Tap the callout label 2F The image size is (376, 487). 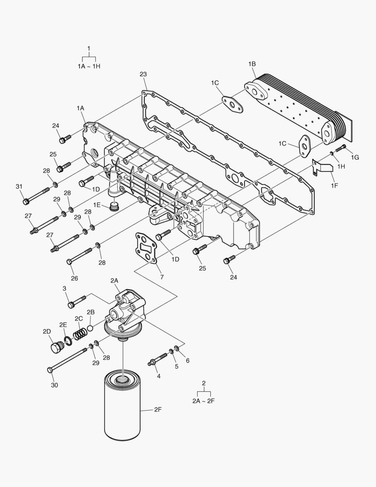[x=158, y=409]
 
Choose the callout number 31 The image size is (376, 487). [x=19, y=187]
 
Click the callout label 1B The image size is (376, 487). [x=252, y=64]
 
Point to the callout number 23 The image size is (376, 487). [x=143, y=74]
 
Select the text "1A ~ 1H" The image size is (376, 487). [x=89, y=66]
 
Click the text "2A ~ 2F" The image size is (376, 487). [x=204, y=400]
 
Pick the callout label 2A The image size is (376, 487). [x=114, y=280]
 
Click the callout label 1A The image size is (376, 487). [x=81, y=108]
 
